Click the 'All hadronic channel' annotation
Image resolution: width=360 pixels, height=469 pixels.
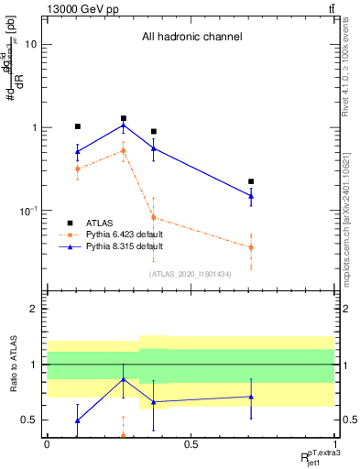[191, 38]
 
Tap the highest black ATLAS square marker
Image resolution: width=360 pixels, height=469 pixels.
[124, 118]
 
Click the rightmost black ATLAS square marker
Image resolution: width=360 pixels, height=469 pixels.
[251, 181]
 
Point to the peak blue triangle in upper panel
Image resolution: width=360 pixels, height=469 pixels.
[124, 125]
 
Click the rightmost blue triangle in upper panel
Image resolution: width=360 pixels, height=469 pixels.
[251, 195]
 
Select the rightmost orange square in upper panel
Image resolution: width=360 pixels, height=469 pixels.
[251, 247]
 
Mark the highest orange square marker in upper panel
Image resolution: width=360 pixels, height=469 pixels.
[124, 150]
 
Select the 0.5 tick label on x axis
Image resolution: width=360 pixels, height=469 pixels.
[191, 444]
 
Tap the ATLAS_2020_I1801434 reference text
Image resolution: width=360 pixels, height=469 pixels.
[191, 274]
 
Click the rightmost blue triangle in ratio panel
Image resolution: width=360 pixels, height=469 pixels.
[251, 397]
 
